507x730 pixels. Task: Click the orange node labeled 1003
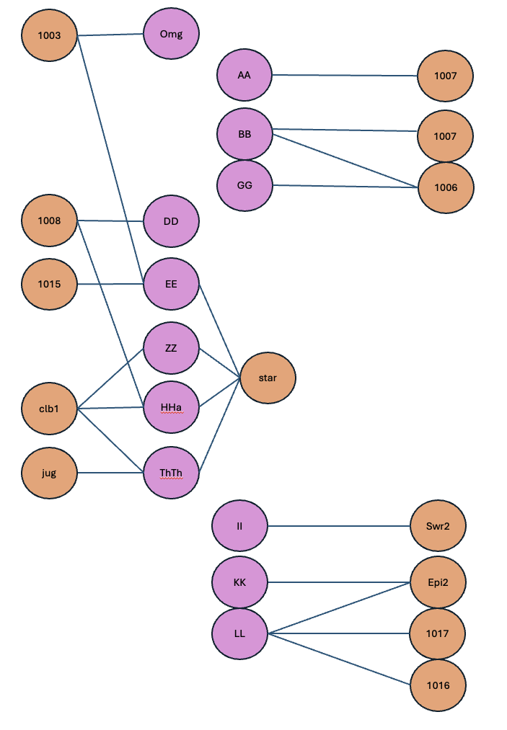(49, 35)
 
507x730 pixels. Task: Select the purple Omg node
(171, 34)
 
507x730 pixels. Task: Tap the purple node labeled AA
(244, 75)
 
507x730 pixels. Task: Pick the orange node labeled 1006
(446, 187)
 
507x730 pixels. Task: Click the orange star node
(268, 378)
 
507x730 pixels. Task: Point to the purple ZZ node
(171, 348)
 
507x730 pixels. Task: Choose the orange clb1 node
(49, 409)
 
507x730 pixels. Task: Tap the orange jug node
(49, 473)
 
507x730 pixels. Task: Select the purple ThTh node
(171, 473)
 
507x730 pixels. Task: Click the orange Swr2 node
(438, 526)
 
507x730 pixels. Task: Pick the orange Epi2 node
(438, 582)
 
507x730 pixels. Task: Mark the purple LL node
(239, 633)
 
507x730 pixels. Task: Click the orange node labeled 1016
(438, 685)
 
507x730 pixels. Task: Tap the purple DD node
(171, 221)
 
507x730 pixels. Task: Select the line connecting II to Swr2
(339, 526)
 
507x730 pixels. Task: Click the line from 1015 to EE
(110, 284)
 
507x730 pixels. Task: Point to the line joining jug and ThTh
(110, 473)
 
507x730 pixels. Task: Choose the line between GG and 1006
(345, 186)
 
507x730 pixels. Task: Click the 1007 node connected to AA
(445, 76)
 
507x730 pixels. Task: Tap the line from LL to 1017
(339, 633)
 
